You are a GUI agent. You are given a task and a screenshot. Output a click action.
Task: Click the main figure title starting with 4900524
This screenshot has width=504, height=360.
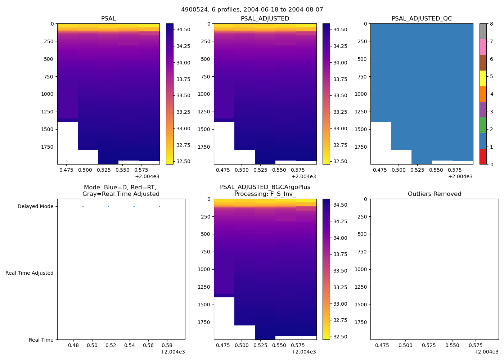click(x=252, y=10)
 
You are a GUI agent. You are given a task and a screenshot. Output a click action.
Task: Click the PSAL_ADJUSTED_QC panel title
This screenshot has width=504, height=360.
click(x=422, y=19)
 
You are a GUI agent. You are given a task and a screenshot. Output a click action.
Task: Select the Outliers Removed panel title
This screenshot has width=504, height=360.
click(x=435, y=194)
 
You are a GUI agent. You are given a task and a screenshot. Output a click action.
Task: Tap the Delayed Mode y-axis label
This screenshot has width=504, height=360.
click(x=35, y=207)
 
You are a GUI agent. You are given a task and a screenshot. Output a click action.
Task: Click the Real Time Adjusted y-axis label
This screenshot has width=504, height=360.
click(x=30, y=273)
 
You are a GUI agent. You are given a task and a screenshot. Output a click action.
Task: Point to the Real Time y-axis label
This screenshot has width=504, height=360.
click(x=41, y=340)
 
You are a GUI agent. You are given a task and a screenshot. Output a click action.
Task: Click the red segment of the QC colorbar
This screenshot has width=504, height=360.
click(x=483, y=157)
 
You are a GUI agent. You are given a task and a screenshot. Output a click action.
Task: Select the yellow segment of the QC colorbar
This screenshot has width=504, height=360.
click(x=483, y=78)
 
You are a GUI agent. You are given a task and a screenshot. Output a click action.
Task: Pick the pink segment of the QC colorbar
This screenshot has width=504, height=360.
click(x=483, y=47)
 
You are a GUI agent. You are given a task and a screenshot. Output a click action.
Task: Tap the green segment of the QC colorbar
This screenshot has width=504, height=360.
click(x=483, y=125)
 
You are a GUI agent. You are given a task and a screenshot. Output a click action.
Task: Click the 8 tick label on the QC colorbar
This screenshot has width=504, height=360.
click(x=491, y=24)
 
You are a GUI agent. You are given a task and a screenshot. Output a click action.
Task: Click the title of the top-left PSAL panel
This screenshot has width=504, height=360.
click(x=108, y=19)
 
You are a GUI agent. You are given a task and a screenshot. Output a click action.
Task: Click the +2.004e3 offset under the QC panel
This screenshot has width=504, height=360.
click(x=460, y=177)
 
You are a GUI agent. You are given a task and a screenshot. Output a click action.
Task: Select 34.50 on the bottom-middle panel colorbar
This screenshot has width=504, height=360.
click(x=340, y=205)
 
